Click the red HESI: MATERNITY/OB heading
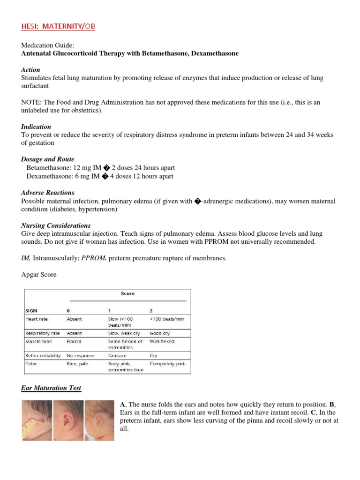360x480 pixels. click(58, 27)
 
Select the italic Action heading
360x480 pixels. click(31, 70)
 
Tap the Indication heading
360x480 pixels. click(36, 127)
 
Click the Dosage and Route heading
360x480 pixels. click(47, 159)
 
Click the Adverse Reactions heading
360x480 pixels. click(47, 193)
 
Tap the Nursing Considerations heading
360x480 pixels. click(56, 225)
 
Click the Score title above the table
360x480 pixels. click(127, 293)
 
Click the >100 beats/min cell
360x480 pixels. click(166, 319)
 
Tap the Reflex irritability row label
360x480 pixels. click(43, 356)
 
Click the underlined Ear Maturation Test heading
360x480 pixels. click(51, 388)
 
